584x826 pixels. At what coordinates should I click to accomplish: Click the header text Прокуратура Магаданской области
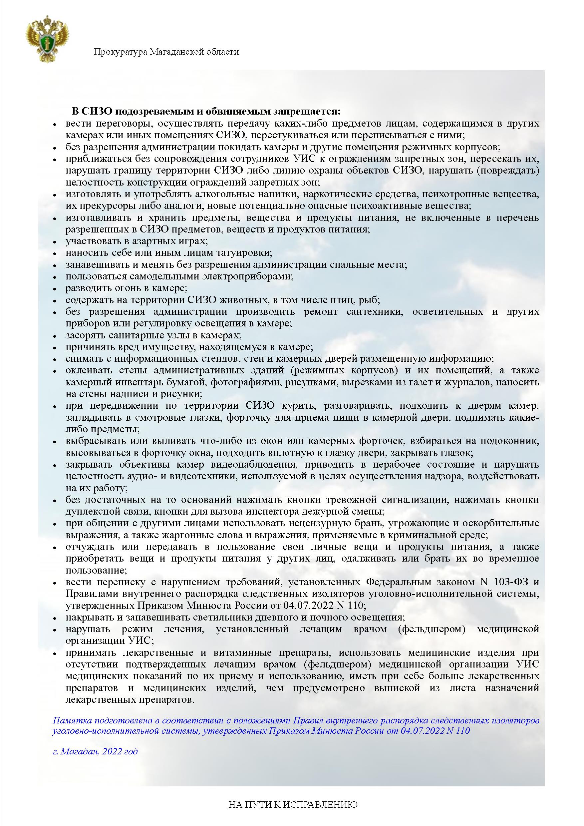166,52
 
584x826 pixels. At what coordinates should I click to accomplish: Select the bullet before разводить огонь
55,289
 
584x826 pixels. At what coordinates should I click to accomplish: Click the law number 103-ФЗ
508,582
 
